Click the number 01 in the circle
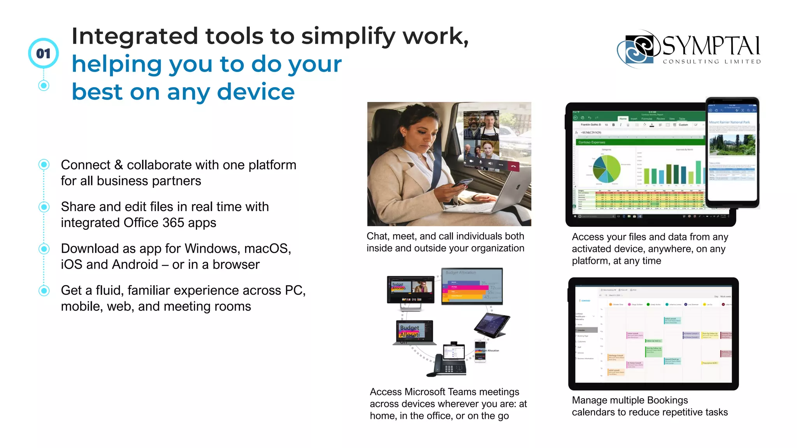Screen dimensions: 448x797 tap(44, 53)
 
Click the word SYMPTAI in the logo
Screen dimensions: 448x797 tap(711, 46)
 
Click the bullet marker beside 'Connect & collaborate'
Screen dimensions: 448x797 tap(44, 164)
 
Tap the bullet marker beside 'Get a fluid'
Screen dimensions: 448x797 tap(44, 290)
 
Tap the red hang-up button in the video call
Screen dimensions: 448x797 tap(513, 166)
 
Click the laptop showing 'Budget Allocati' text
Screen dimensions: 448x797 tap(414, 333)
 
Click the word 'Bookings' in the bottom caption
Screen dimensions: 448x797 tap(668, 400)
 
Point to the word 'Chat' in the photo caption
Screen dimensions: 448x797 tap(378, 236)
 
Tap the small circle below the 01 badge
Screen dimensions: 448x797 tap(44, 86)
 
